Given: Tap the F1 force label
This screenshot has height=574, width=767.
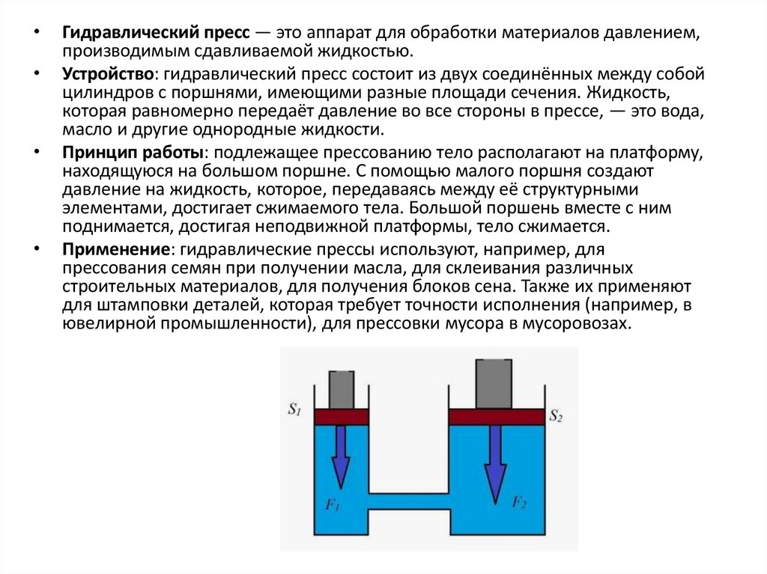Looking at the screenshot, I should click(x=333, y=507).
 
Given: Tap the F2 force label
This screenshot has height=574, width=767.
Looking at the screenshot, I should click(x=519, y=502).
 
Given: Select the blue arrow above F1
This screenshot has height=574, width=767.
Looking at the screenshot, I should click(x=341, y=457).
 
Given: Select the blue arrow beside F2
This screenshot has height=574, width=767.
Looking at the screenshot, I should click(x=494, y=464).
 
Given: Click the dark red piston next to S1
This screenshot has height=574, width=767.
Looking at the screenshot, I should click(x=342, y=416).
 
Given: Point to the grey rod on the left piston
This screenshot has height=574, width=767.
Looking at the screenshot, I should click(x=341, y=390).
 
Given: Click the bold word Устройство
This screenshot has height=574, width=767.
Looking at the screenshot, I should click(x=108, y=75).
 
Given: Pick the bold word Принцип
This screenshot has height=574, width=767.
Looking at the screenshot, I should click(x=97, y=153).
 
